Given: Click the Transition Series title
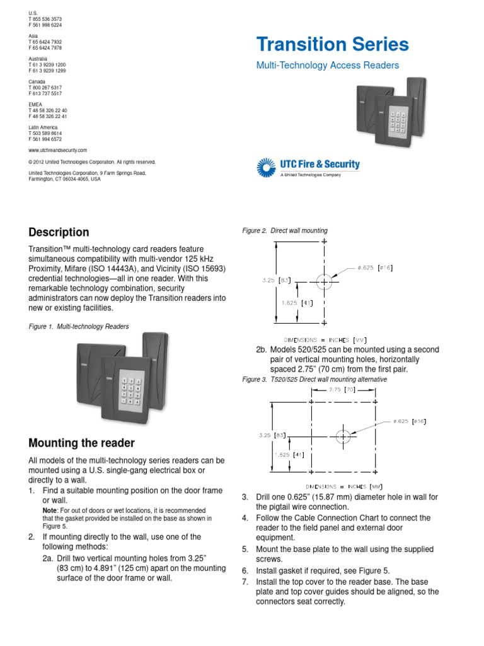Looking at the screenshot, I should click(332, 45).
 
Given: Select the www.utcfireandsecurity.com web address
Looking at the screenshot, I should click(57, 150).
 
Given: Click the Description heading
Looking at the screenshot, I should click(59, 232).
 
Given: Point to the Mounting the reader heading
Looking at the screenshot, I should click(81, 443).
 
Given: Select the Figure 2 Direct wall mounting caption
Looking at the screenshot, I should click(285, 231).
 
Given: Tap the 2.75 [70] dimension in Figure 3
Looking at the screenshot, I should click(343, 391).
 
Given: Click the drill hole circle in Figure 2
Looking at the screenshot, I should click(324, 281).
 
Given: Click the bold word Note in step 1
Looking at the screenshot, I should click(49, 510).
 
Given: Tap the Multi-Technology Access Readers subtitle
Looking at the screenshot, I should click(327, 65).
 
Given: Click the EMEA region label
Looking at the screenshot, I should click(35, 104).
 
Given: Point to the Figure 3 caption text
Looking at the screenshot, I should click(314, 380).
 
